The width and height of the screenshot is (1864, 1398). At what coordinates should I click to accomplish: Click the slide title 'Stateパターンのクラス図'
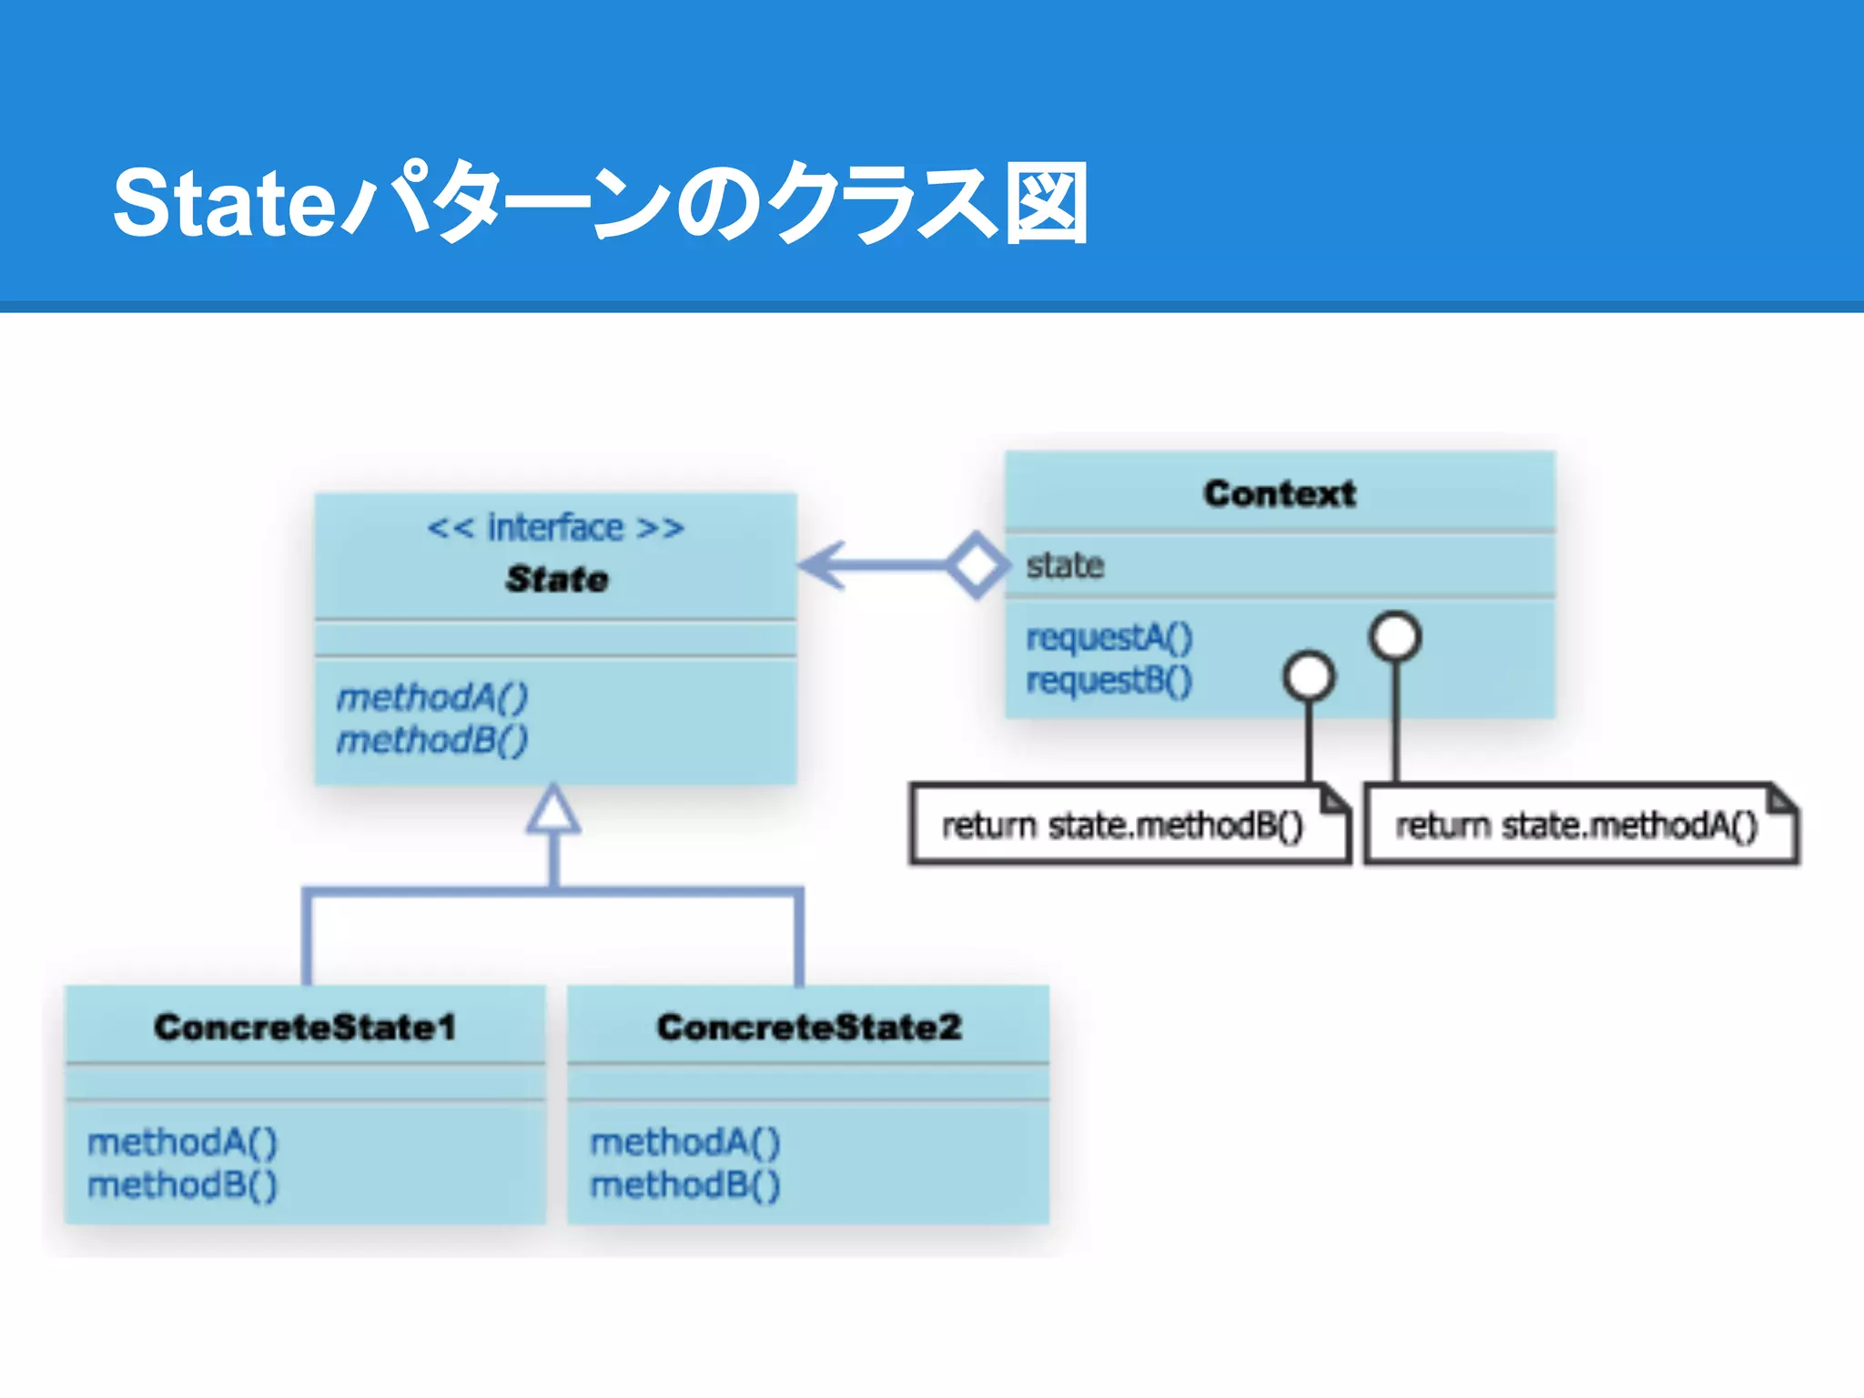[601, 202]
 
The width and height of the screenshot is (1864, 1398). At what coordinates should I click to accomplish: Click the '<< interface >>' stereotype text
[555, 528]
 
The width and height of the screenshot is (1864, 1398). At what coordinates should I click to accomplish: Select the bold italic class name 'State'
[557, 579]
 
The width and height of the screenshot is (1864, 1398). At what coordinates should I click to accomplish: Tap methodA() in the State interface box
[432, 697]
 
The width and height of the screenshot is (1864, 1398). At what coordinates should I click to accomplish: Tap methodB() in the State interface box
[432, 740]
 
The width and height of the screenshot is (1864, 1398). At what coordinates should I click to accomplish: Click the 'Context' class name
[1279, 493]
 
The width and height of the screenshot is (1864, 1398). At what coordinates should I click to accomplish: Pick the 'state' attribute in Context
[1065, 565]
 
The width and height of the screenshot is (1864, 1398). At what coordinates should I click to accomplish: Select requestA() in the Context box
[1109, 637]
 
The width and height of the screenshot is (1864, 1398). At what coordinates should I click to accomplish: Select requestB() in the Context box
[1109, 680]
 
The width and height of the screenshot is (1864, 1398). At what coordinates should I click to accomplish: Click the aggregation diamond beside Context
[977, 565]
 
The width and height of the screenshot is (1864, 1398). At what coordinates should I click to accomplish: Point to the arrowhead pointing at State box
[819, 565]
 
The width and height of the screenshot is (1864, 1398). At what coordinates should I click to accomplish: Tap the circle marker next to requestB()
[1309, 676]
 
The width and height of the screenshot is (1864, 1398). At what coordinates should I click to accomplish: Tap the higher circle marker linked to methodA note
[1395, 635]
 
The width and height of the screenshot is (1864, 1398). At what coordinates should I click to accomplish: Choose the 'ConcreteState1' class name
[305, 1027]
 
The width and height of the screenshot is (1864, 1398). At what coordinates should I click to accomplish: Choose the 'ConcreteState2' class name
[809, 1027]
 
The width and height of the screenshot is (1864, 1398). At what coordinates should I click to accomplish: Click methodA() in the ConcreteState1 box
[182, 1141]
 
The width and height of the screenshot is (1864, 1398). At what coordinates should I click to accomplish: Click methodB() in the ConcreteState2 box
[685, 1185]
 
